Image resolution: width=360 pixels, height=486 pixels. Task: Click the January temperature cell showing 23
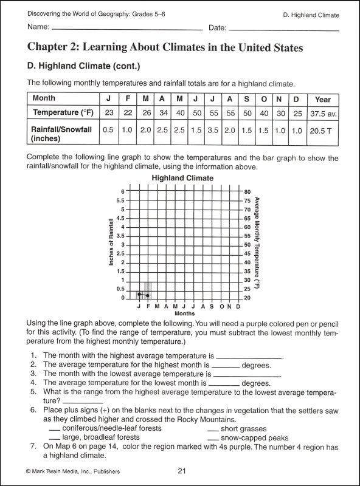pyautogui.click(x=109, y=113)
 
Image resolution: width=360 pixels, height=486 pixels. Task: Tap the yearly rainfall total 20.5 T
pyautogui.click(x=323, y=130)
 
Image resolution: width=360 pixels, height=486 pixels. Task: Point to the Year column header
pyautogui.click(x=323, y=98)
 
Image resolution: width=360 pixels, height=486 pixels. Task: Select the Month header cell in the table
pyautogui.click(x=44, y=98)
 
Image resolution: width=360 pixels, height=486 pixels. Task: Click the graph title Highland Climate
pyautogui.click(x=182, y=178)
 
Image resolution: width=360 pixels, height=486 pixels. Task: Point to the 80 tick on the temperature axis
pyautogui.click(x=247, y=191)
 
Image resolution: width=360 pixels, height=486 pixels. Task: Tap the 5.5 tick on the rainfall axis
pyautogui.click(x=120, y=200)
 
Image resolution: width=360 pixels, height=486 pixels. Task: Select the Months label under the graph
pyautogui.click(x=184, y=314)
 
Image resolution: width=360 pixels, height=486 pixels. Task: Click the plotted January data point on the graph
pyautogui.click(x=139, y=294)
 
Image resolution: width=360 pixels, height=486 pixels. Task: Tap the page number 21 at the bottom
pyautogui.click(x=182, y=471)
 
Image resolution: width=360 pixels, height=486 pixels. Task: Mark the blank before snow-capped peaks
pyautogui.click(x=213, y=437)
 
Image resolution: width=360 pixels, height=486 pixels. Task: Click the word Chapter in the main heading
pyautogui.click(x=50, y=47)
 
